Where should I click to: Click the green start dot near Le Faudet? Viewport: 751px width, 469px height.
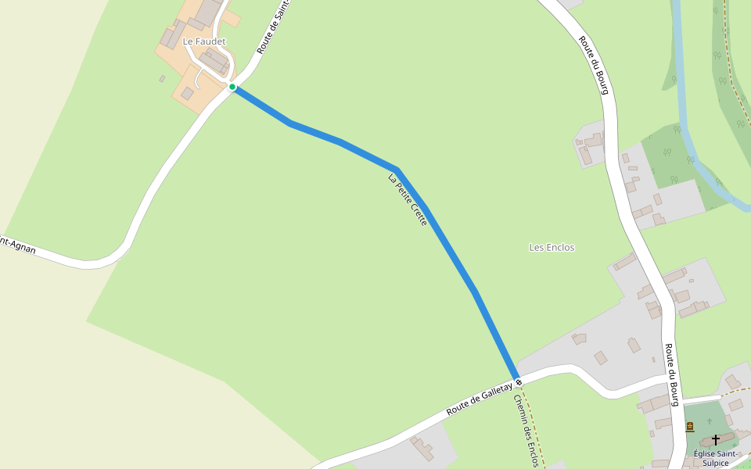(232, 87)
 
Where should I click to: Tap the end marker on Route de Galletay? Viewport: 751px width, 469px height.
(518, 381)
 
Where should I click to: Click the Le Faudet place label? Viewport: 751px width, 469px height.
(204, 41)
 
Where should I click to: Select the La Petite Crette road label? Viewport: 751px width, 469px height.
(408, 200)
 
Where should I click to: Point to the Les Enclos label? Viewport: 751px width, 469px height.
(552, 248)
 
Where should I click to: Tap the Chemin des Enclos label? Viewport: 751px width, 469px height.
(525, 430)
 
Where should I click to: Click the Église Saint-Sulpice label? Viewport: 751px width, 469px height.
(715, 458)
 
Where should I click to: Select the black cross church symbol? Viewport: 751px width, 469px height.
(715, 440)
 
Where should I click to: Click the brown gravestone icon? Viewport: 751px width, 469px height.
(689, 427)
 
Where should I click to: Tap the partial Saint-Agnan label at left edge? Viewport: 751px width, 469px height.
(17, 245)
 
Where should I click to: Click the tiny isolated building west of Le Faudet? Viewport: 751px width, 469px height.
(162, 79)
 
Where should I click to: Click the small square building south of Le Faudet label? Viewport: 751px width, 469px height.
(187, 94)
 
